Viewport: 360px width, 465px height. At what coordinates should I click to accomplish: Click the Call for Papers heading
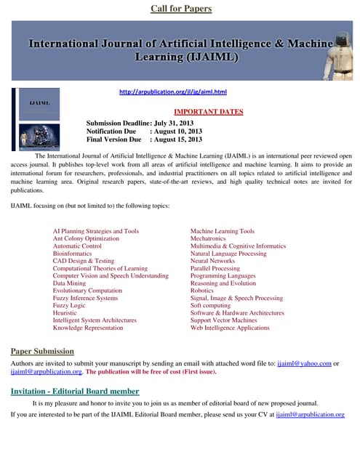[181, 9]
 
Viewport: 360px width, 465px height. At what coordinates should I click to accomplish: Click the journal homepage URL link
[173, 92]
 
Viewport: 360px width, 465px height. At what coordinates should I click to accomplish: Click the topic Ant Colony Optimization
[86, 238]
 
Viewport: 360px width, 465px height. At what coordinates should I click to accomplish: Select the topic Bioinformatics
[73, 254]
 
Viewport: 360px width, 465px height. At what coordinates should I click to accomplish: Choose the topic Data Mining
[70, 283]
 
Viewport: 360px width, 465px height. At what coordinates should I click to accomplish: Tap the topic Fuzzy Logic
[70, 305]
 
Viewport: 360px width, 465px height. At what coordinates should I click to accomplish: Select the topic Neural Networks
[212, 261]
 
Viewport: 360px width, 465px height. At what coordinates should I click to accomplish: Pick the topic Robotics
[201, 291]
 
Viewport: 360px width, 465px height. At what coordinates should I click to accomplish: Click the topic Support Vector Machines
[223, 320]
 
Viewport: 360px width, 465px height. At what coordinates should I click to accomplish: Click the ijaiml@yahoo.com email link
[304, 363]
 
